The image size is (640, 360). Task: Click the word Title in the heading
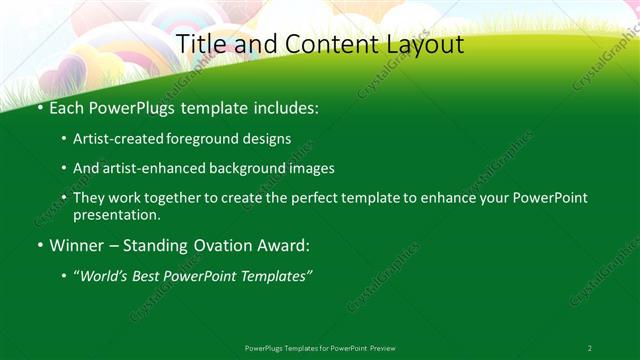[200, 44]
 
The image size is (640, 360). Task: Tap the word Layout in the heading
[420, 44]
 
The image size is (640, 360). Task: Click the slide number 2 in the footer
[590, 347]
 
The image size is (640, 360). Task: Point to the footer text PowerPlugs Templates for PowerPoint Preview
[320, 347]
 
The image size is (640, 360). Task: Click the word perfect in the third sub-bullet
[292, 198]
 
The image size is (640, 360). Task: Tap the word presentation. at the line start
[116, 214]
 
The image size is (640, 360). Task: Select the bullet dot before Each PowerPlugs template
[39, 106]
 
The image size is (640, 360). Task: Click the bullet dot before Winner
[39, 244]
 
